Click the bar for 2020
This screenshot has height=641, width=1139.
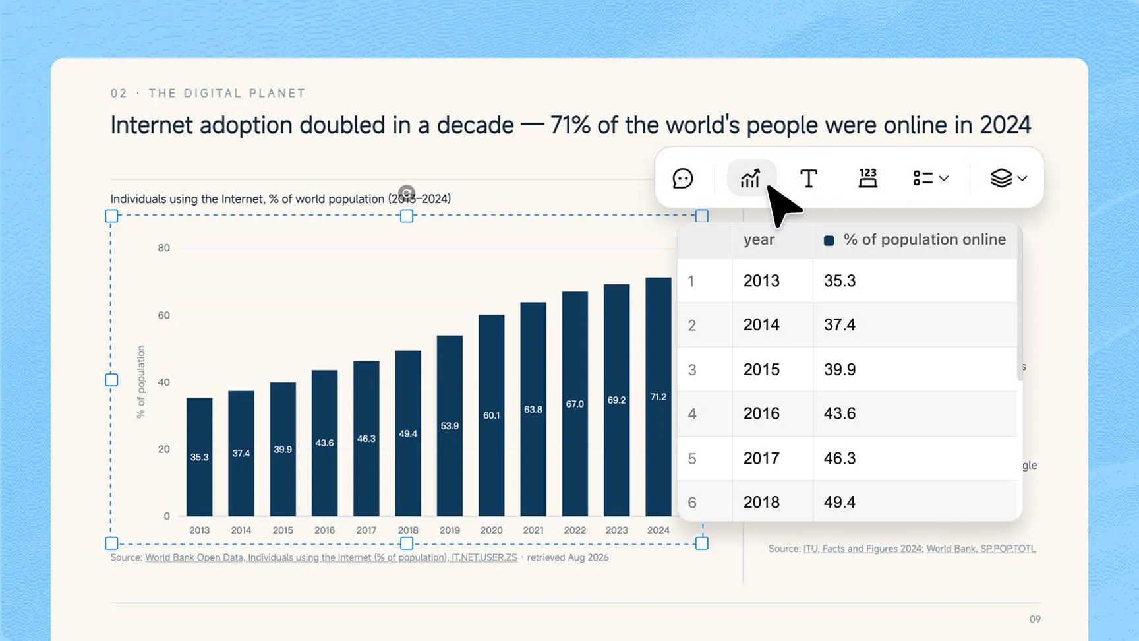pos(491,415)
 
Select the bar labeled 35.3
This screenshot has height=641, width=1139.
pos(199,457)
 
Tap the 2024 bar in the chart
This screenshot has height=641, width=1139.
pos(658,397)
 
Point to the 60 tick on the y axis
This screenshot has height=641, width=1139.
pos(163,315)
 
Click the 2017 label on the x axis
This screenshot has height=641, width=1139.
pos(366,530)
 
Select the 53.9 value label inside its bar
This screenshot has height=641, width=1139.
pos(450,426)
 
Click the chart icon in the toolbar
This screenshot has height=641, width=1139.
pos(751,178)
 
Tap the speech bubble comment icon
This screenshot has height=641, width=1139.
pos(682,178)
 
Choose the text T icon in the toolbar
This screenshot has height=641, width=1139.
pos(809,178)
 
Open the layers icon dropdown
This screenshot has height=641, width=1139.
pos(1008,178)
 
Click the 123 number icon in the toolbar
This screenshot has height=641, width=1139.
pos(867,178)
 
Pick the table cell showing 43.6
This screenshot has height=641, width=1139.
pos(840,413)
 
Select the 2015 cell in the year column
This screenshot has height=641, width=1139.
pos(761,369)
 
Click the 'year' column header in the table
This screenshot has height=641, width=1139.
pos(759,240)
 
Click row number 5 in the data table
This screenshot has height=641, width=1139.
pos(691,458)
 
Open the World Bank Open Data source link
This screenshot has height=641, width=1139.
pos(331,557)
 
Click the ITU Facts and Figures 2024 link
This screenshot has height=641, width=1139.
pos(862,549)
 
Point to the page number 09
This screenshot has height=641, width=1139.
pos(1035,619)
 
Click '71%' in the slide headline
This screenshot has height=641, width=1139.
pos(570,125)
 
